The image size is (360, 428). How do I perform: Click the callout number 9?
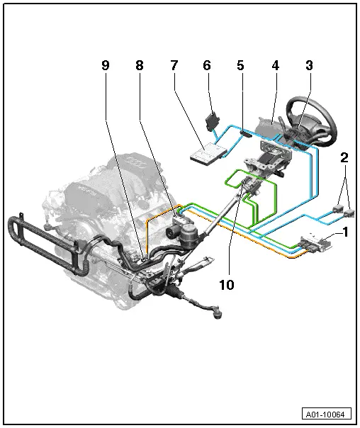coord(105,66)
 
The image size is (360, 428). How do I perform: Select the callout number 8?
coord(139,66)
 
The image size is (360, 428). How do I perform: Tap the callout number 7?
coord(174,66)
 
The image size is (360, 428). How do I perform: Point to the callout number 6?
coord(207,66)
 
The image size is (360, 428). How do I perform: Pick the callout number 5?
coord(240,66)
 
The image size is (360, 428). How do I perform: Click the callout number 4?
coord(275,66)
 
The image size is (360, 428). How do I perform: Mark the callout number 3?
coord(309,66)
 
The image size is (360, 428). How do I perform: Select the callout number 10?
coord(226,284)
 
